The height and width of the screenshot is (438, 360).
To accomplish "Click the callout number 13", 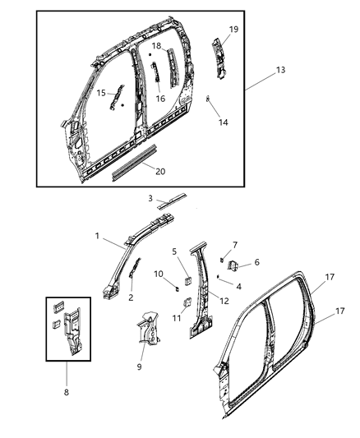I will coord(280,70).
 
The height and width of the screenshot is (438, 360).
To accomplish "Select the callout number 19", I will coord(233,29).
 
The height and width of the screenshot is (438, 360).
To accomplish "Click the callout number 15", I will coord(101,94).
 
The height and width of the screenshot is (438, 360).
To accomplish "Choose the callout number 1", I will coord(97,236).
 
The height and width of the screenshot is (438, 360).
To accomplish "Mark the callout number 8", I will coord(67,392).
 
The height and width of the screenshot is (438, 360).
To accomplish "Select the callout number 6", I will coord(256,262).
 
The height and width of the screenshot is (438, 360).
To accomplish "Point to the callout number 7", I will coord(235,245).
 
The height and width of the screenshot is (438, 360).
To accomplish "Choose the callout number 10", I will coord(159,273).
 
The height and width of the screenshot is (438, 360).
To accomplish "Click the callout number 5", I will coord(173,251).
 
